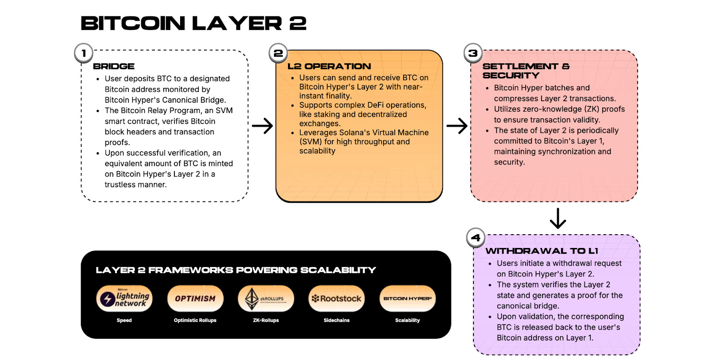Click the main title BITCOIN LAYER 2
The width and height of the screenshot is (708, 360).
pyautogui.click(x=193, y=23)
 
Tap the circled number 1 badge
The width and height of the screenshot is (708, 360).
pyautogui.click(x=84, y=53)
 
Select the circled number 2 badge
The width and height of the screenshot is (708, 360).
pyautogui.click(x=278, y=53)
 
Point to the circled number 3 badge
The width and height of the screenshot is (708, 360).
pyautogui.click(x=473, y=53)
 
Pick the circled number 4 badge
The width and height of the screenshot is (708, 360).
pyautogui.click(x=476, y=238)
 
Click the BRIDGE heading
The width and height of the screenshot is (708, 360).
pyautogui.click(x=114, y=66)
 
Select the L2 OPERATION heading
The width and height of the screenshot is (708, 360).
pyautogui.click(x=329, y=66)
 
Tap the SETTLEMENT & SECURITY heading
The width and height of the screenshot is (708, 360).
pyautogui.click(x=526, y=71)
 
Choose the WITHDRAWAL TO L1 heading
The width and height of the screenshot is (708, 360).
pyautogui.click(x=542, y=251)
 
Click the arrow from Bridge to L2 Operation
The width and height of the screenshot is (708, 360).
pyautogui.click(x=262, y=126)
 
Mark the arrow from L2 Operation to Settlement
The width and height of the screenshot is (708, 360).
pyautogui.click(x=457, y=126)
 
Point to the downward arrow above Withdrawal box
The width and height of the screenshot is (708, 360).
pyautogui.click(x=558, y=218)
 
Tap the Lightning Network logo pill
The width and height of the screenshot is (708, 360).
pyautogui.click(x=124, y=299)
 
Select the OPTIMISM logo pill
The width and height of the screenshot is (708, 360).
pyautogui.click(x=195, y=299)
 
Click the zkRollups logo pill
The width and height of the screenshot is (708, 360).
pyautogui.click(x=266, y=299)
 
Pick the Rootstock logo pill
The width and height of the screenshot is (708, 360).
pyautogui.click(x=337, y=299)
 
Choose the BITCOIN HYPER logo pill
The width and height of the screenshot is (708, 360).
pyautogui.click(x=408, y=299)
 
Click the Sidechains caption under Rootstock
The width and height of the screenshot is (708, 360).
pyautogui.click(x=337, y=320)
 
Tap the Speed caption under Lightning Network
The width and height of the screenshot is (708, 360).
pyautogui.click(x=124, y=320)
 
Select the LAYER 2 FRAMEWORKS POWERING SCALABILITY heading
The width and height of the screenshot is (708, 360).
pyautogui.click(x=236, y=270)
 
